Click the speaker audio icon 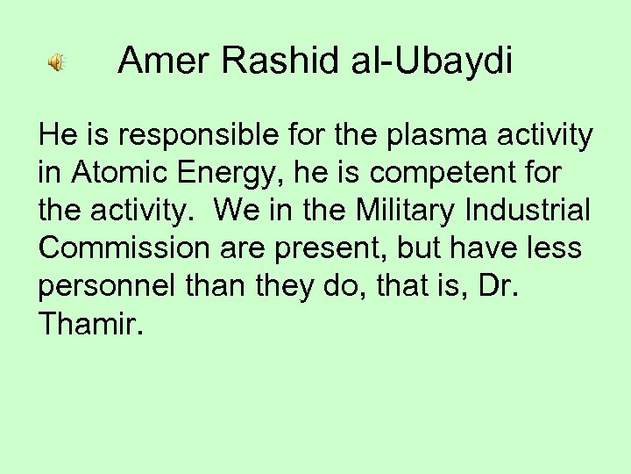(54, 63)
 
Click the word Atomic (119, 175)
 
